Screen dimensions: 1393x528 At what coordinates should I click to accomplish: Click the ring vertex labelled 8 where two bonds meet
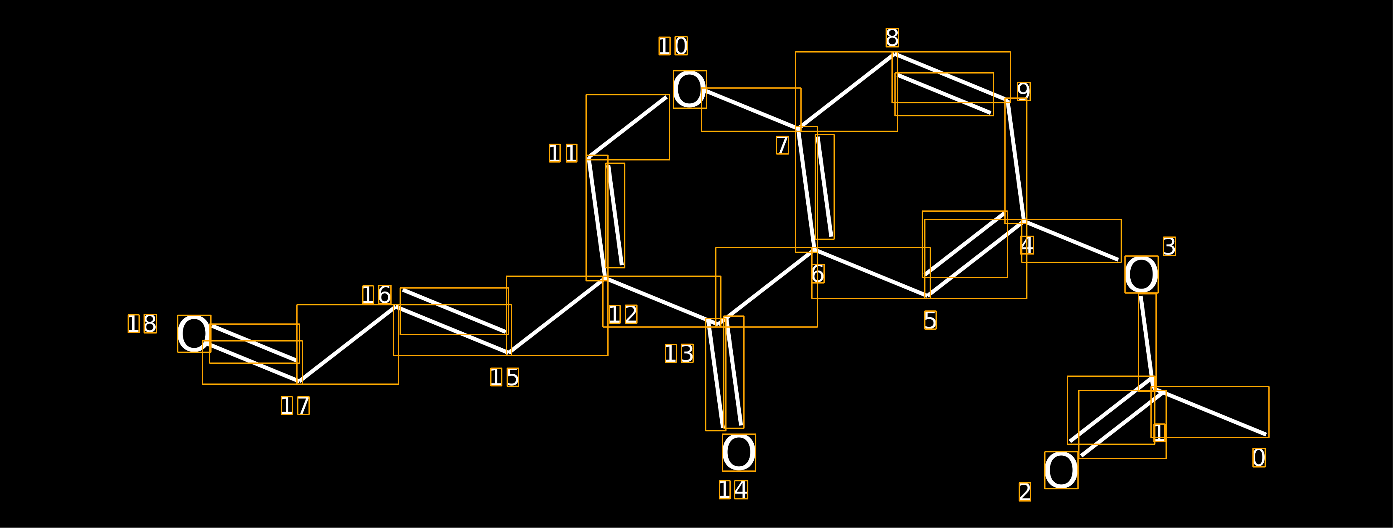coord(895,55)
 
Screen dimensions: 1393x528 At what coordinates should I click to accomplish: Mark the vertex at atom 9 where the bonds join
coord(1008,100)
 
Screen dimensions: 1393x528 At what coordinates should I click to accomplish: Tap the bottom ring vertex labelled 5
coord(928,295)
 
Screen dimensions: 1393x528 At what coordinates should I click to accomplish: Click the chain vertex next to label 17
coord(300,381)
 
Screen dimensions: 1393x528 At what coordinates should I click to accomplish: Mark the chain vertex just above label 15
coord(509,353)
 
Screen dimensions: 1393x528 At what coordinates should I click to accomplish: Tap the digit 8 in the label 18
coord(150,324)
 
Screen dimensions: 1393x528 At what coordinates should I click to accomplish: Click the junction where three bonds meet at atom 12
coord(606,278)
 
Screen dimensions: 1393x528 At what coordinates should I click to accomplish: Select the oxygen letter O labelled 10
coord(690,89)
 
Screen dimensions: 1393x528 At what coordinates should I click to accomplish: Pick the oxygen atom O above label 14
coord(739,452)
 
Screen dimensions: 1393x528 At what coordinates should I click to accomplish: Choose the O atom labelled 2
coord(1061,470)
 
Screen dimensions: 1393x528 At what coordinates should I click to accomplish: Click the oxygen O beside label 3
coord(1141,274)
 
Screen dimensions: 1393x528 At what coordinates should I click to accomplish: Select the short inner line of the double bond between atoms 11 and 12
coord(615,215)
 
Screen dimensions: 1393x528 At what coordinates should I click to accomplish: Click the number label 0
coord(1259,458)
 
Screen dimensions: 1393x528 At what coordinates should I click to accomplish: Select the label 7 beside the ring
coord(782,145)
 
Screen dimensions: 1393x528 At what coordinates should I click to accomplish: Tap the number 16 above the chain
coord(377,295)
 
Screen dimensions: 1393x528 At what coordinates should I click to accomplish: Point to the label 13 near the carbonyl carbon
coord(679,354)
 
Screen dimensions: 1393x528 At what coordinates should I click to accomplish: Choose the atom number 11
coord(564,153)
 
